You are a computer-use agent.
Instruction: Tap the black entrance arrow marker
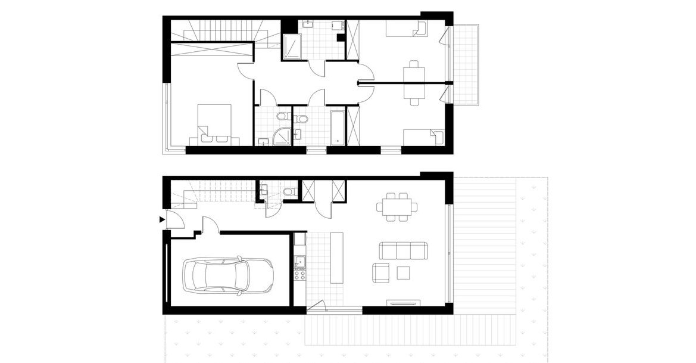click(161, 220)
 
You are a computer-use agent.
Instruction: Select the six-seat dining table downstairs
click(397, 207)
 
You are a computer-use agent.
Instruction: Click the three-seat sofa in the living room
click(404, 251)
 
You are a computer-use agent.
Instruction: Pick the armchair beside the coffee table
click(382, 273)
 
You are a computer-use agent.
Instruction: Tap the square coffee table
click(403, 273)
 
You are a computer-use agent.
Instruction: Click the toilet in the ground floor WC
click(289, 191)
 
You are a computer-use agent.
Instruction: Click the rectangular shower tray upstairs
click(292, 46)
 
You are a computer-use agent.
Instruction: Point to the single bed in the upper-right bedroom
click(406, 29)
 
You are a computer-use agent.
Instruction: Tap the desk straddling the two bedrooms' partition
click(414, 82)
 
